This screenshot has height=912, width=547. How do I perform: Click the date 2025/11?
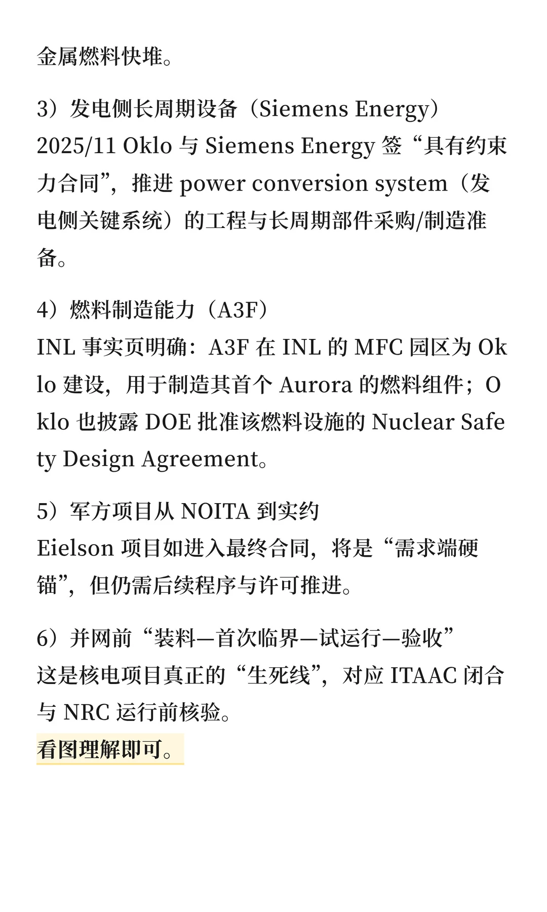(76, 146)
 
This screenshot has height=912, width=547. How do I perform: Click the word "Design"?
(98, 460)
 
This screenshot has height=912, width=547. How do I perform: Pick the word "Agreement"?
(201, 460)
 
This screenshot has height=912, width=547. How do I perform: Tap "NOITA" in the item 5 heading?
(215, 511)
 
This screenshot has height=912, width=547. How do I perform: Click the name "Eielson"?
(75, 549)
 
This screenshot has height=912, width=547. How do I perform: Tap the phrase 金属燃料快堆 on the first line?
(100, 57)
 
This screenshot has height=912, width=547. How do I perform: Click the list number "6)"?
(47, 638)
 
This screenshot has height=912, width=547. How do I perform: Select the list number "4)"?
(47, 310)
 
